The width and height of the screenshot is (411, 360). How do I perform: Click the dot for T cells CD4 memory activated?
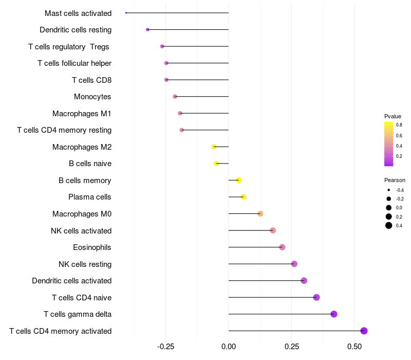point(364,331)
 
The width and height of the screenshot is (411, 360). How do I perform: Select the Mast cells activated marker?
point(126,13)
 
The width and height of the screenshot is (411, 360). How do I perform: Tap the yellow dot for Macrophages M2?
point(214,147)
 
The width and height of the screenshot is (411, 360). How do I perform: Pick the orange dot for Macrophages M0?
point(260,214)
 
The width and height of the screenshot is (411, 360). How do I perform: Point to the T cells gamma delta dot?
point(334,314)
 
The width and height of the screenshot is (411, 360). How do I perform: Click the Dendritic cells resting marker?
point(148,30)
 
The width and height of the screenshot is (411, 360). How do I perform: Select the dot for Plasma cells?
point(244,197)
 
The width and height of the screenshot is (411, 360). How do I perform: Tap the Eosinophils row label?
point(92,247)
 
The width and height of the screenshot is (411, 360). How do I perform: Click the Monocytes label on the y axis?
point(92,97)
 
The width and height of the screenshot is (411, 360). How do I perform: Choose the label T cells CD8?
point(91,80)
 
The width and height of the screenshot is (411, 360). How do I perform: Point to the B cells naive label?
point(90,164)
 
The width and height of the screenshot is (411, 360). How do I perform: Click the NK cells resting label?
point(85,264)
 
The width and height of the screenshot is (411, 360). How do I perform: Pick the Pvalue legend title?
point(393,116)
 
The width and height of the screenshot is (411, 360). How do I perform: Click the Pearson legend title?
point(395,180)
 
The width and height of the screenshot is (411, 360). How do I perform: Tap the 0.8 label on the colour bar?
point(399,125)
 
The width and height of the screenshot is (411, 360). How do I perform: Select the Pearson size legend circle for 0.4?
point(389,225)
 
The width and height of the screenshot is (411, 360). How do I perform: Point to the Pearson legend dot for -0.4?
point(389,190)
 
